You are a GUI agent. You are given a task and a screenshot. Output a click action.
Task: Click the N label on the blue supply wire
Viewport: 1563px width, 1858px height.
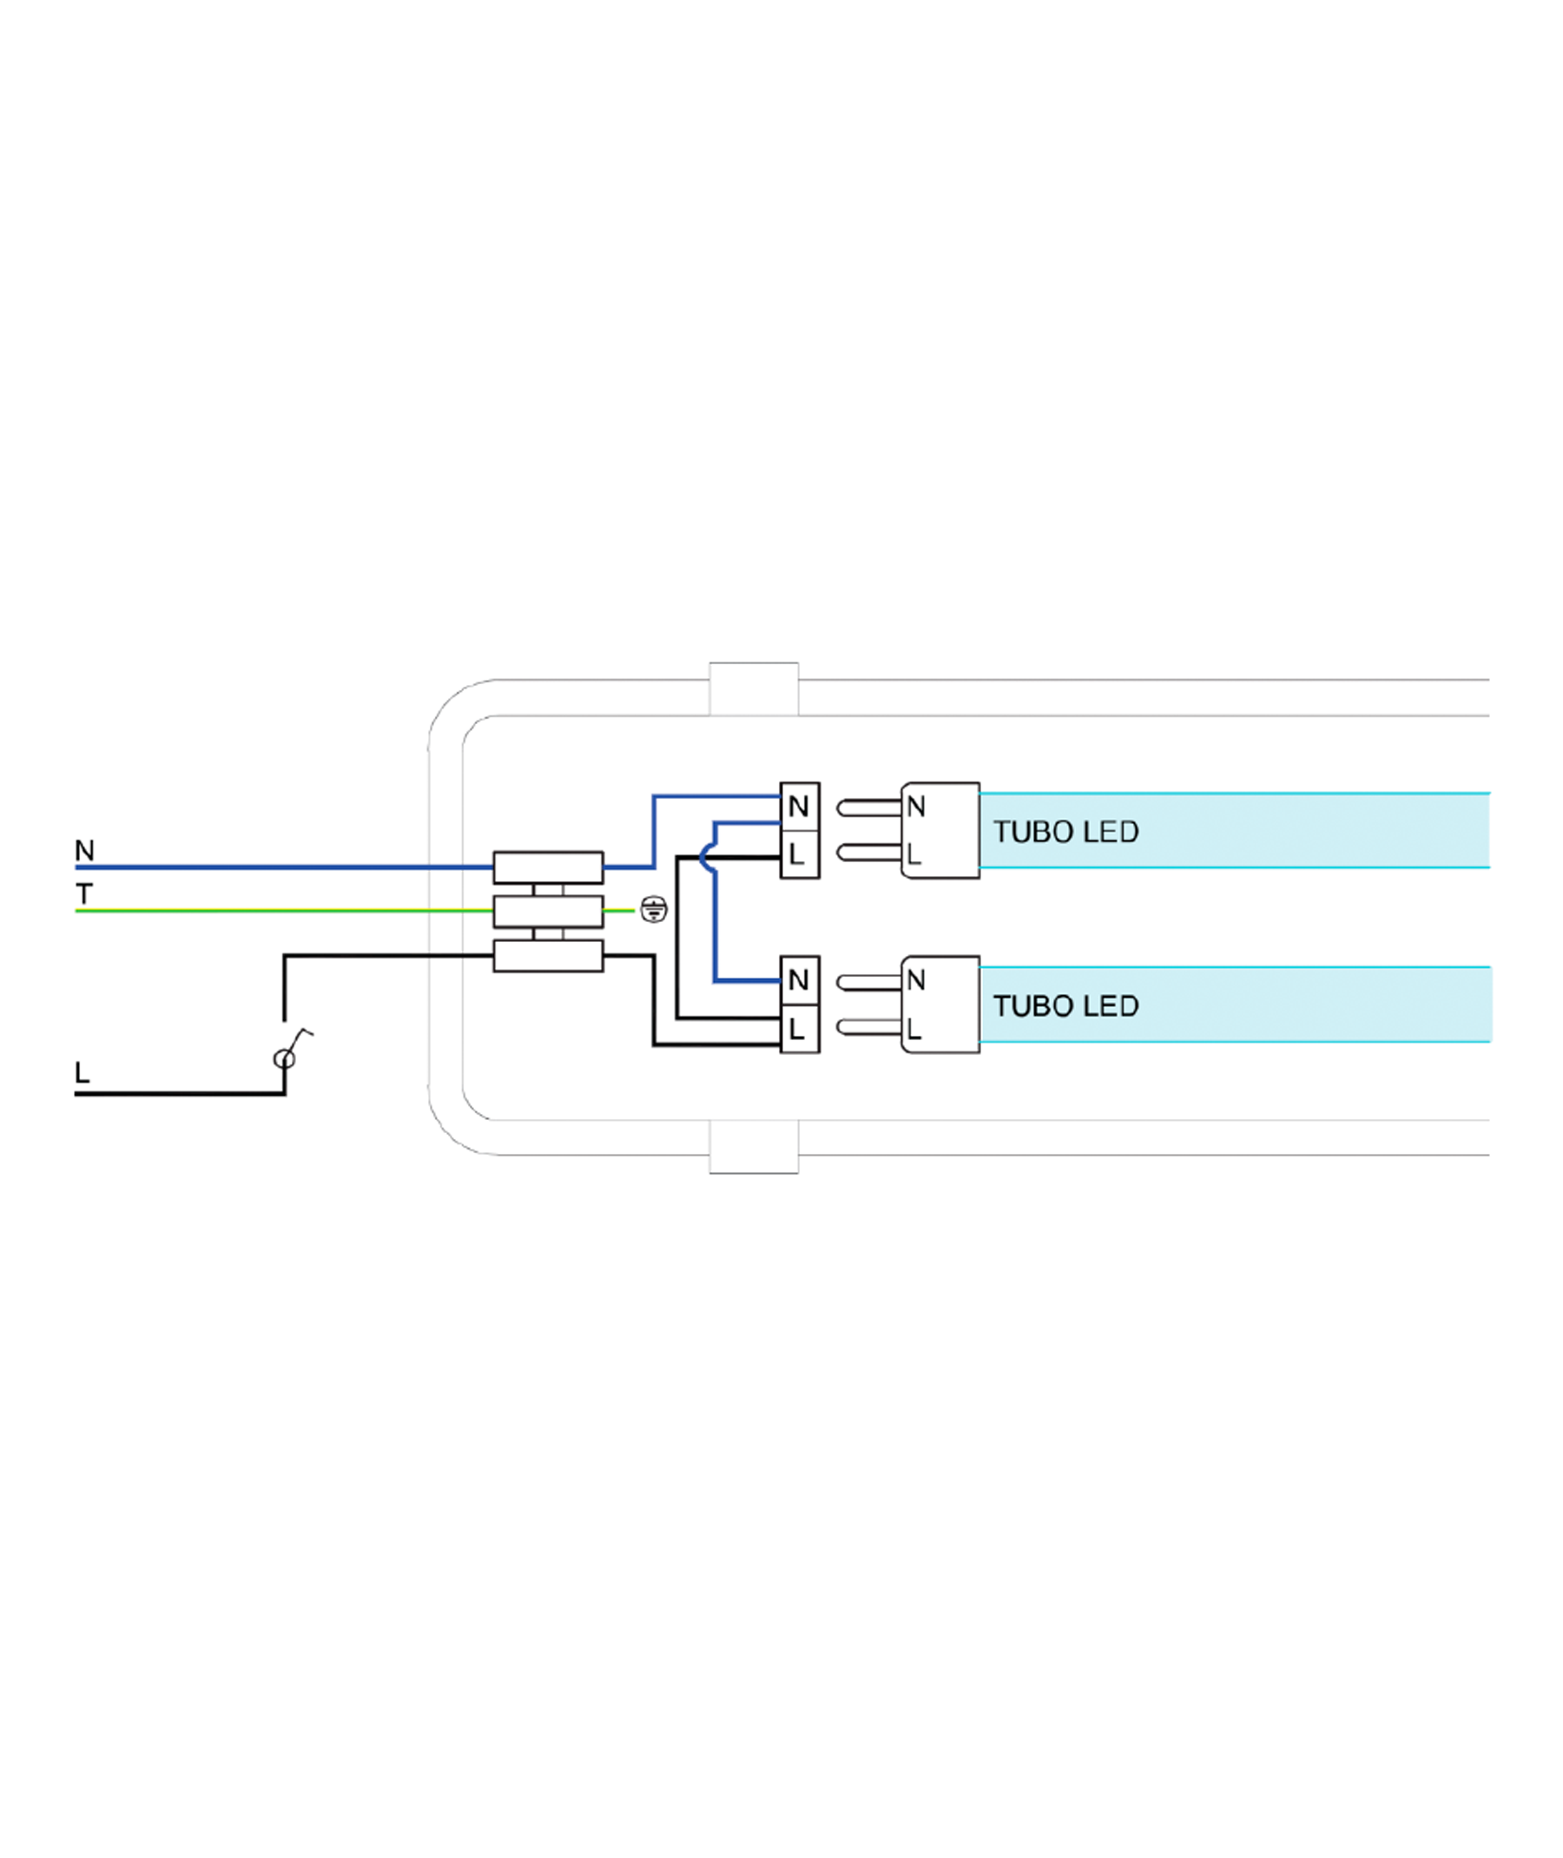pyautogui.click(x=84, y=851)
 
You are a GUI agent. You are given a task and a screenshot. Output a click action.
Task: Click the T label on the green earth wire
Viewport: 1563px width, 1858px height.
pyautogui.click(x=84, y=894)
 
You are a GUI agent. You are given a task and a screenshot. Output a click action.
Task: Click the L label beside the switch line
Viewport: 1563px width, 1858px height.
pyautogui.click(x=82, y=1073)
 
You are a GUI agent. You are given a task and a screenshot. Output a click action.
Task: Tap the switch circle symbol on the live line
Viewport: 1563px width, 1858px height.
pyautogui.click(x=285, y=1059)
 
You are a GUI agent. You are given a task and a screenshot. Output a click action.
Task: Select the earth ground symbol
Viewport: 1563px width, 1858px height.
pyautogui.click(x=654, y=909)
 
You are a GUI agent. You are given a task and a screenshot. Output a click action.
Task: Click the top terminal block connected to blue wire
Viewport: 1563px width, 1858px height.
pyautogui.click(x=549, y=867)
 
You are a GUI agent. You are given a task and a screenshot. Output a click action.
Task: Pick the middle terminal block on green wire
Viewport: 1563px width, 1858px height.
pyautogui.click(x=549, y=911)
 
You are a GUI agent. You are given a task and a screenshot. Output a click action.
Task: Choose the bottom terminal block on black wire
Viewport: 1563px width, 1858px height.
pyautogui.click(x=549, y=956)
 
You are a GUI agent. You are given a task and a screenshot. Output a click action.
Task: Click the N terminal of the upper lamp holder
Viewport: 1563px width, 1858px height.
pyautogui.click(x=799, y=807)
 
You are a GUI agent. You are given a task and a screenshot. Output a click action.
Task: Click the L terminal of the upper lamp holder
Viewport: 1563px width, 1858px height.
pyautogui.click(x=799, y=855)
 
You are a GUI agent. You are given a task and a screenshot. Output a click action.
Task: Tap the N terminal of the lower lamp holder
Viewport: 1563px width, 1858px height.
pyautogui.click(x=799, y=981)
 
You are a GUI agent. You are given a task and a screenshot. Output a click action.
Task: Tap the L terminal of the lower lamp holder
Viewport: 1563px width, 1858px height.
pyautogui.click(x=799, y=1029)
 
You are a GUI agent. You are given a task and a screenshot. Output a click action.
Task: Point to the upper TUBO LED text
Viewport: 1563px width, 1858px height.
pyautogui.click(x=1066, y=832)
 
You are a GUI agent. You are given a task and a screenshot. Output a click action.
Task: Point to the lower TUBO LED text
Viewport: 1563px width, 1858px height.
pyautogui.click(x=1066, y=1005)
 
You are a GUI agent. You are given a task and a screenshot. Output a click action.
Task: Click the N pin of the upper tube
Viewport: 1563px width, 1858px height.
pyautogui.click(x=869, y=808)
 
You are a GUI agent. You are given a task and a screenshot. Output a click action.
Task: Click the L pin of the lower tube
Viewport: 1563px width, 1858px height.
pyautogui.click(x=869, y=1027)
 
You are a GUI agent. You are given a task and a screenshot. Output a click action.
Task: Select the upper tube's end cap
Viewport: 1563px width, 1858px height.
pyautogui.click(x=940, y=830)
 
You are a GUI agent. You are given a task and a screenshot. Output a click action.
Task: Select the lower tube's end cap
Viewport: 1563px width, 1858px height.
pyautogui.click(x=940, y=1005)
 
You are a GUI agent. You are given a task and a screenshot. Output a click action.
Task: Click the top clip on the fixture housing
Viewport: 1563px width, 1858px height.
pyautogui.click(x=754, y=689)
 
